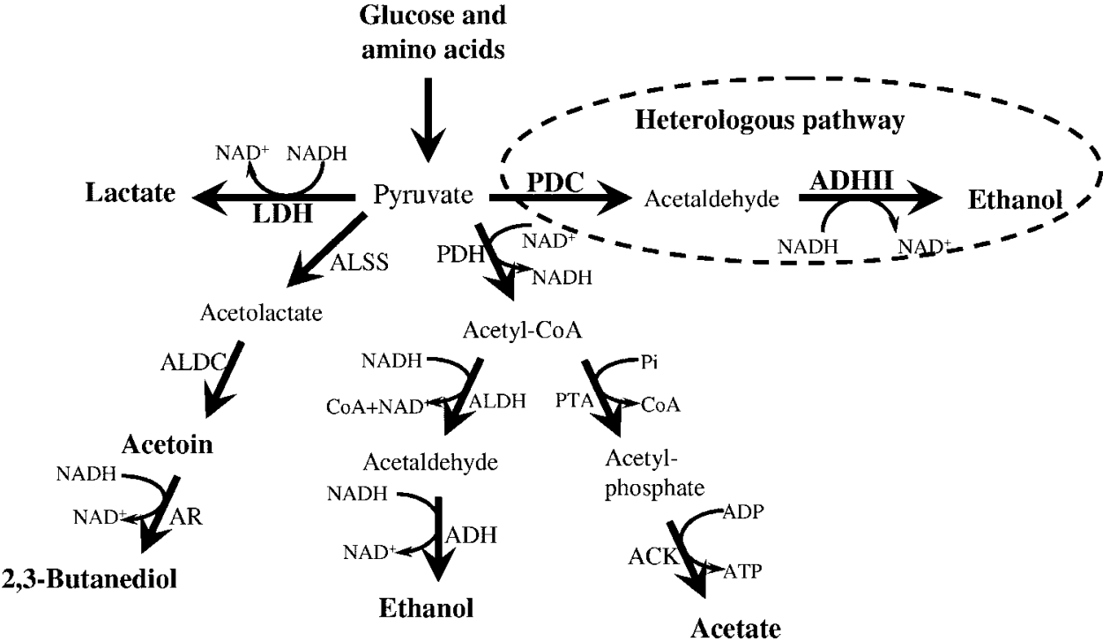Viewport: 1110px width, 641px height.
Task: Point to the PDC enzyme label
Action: tap(555, 186)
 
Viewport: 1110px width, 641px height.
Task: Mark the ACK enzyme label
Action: tap(652, 556)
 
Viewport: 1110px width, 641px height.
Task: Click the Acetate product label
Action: tap(735, 626)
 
